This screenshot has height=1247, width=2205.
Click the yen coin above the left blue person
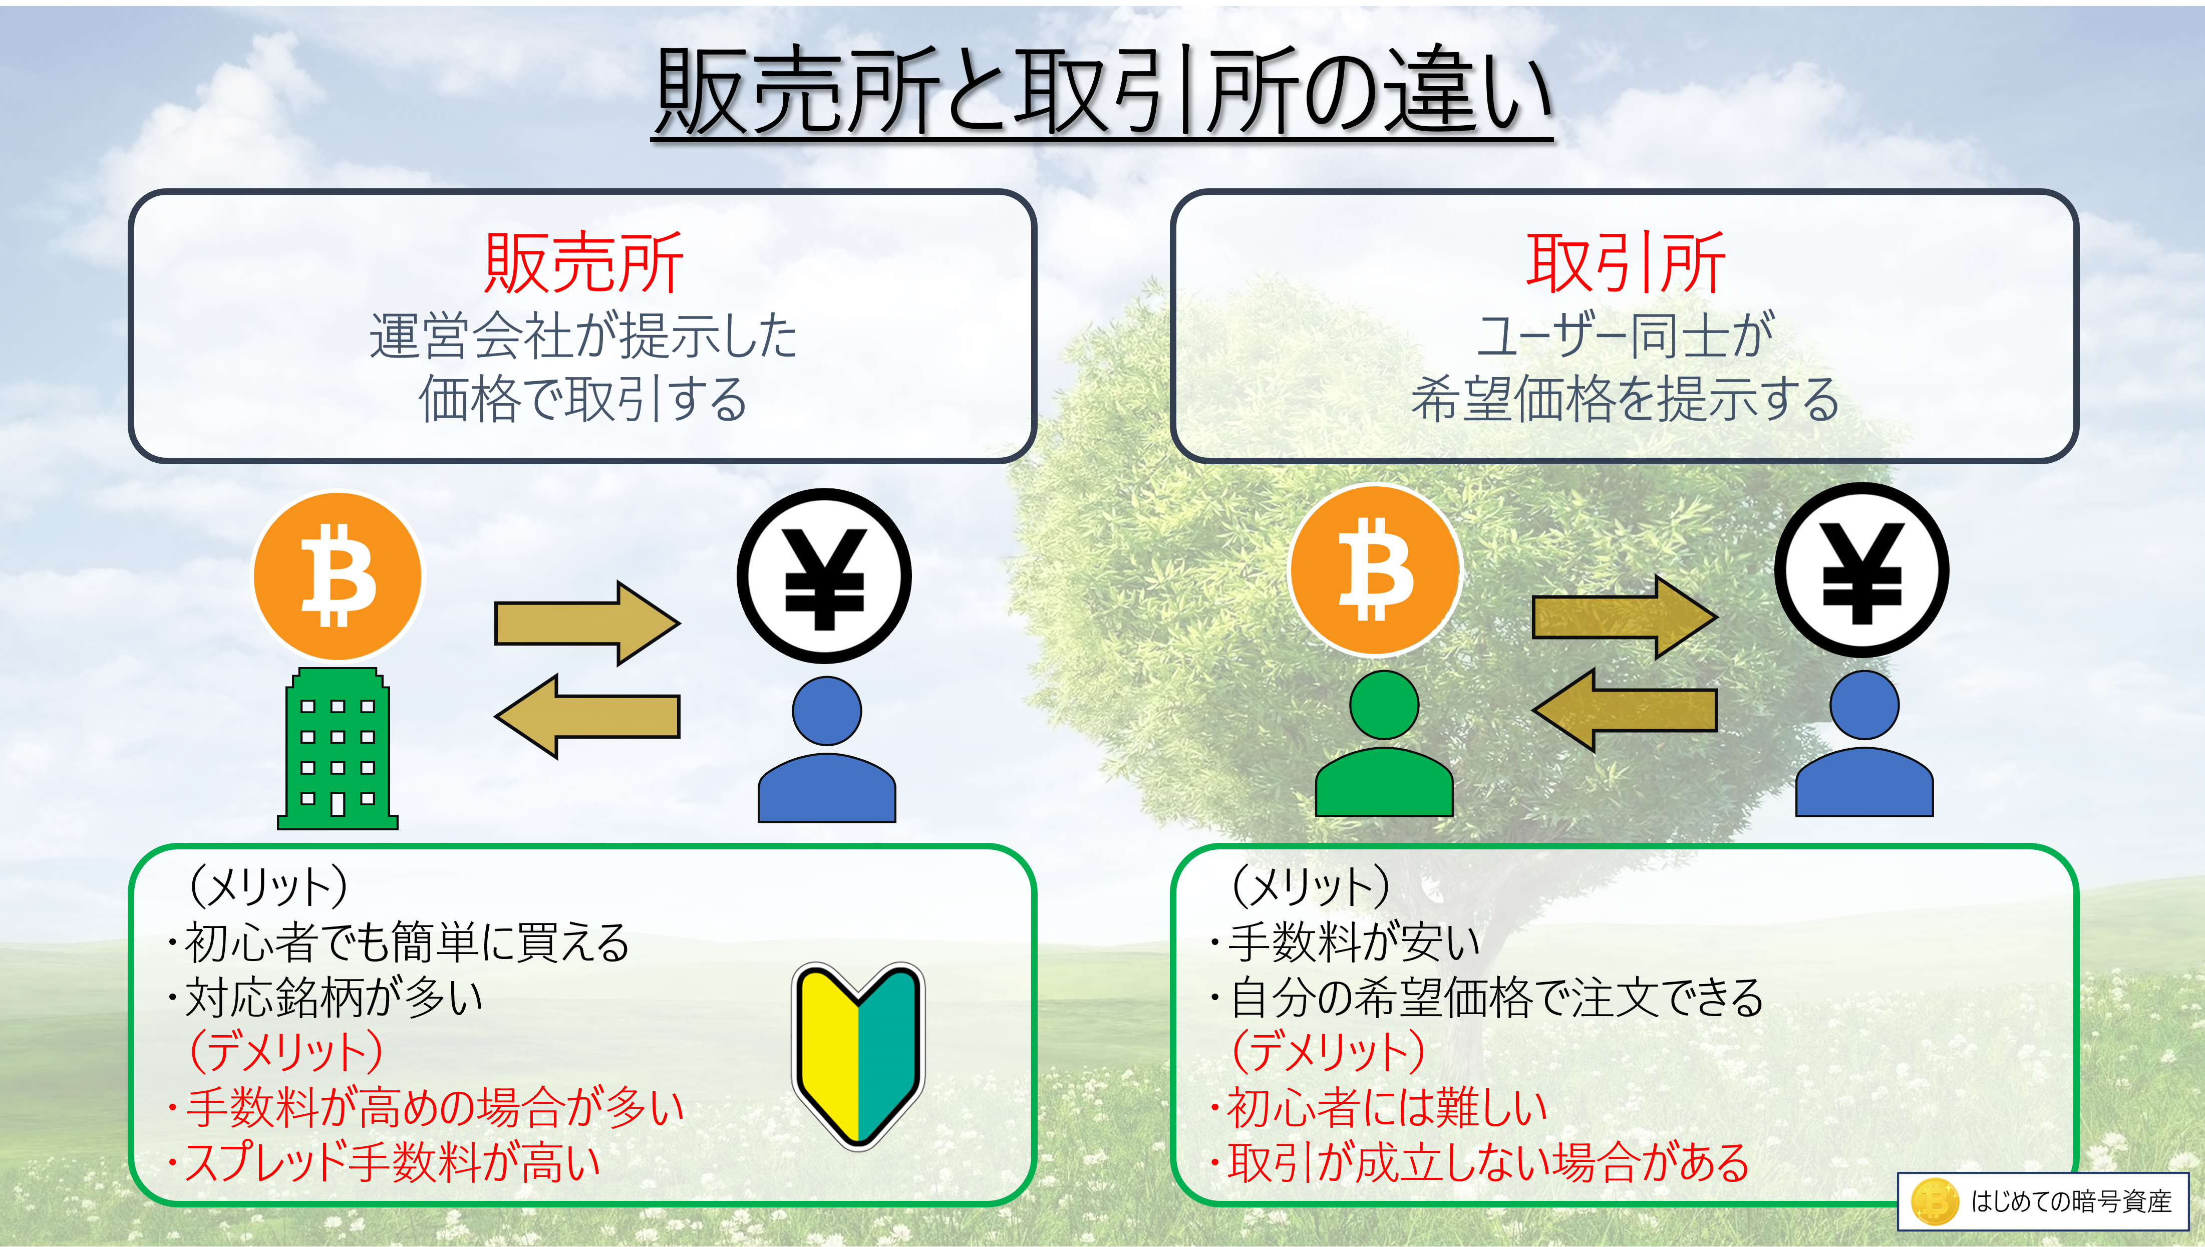[x=824, y=575]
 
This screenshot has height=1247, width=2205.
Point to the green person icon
[x=1384, y=743]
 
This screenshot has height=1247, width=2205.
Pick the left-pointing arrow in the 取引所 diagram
[x=1625, y=710]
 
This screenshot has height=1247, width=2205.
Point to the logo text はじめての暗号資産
[x=2071, y=1201]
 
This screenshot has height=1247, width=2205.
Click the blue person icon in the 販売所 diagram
[x=826, y=749]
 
